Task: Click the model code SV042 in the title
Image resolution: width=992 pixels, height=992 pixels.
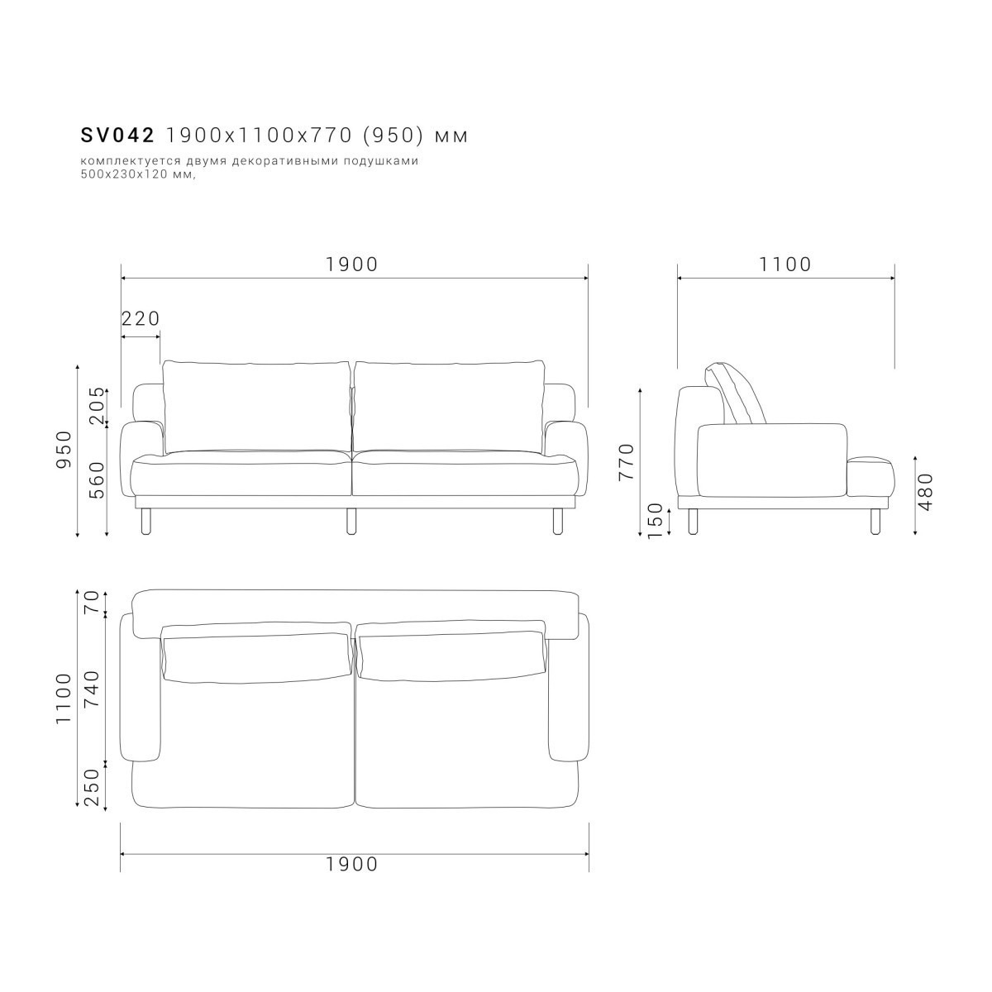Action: [117, 136]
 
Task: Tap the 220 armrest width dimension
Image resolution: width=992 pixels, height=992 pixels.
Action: [141, 318]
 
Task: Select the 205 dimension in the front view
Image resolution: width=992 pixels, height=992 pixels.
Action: [96, 406]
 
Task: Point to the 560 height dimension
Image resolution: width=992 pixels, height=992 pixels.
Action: [96, 480]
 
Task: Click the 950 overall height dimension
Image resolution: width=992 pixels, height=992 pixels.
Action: [64, 450]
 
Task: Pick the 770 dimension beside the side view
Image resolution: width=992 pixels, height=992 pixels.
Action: [627, 462]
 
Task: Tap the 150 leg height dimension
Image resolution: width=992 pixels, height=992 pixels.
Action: [654, 521]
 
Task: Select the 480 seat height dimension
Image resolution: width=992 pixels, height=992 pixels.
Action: [925, 492]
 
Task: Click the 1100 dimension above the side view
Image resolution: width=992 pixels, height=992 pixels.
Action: [785, 264]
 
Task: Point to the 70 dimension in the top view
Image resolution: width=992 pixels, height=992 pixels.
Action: [91, 601]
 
